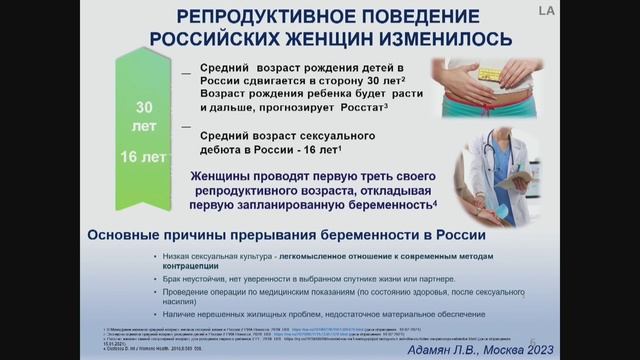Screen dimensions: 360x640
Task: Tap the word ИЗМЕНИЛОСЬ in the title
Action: [x=429, y=38]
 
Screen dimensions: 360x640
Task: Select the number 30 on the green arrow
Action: [x=145, y=106]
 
